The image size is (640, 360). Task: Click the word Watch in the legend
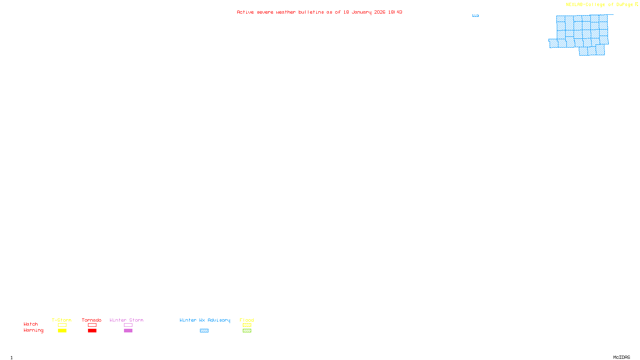[31, 324]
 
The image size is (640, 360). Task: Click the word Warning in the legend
[33, 330]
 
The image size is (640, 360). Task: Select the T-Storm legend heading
[62, 320]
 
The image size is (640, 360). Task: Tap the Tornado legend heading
[92, 320]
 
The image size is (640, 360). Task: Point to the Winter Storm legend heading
[126, 320]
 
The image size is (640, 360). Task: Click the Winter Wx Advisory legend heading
[205, 320]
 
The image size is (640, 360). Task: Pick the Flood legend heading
[247, 320]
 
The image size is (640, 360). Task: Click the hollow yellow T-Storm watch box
[62, 325]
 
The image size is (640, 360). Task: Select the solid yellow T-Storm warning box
[62, 331]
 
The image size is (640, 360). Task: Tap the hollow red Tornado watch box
[92, 325]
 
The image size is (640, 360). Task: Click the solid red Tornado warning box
[92, 331]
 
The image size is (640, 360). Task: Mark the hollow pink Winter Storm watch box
[128, 325]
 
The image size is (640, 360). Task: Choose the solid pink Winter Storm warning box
[128, 331]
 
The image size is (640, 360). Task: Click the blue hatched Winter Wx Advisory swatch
[204, 331]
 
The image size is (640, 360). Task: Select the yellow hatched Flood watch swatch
[247, 325]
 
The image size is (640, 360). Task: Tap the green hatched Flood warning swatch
[247, 331]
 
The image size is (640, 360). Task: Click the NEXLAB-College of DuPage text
[599, 5]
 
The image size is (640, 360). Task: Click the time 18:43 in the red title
[395, 12]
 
